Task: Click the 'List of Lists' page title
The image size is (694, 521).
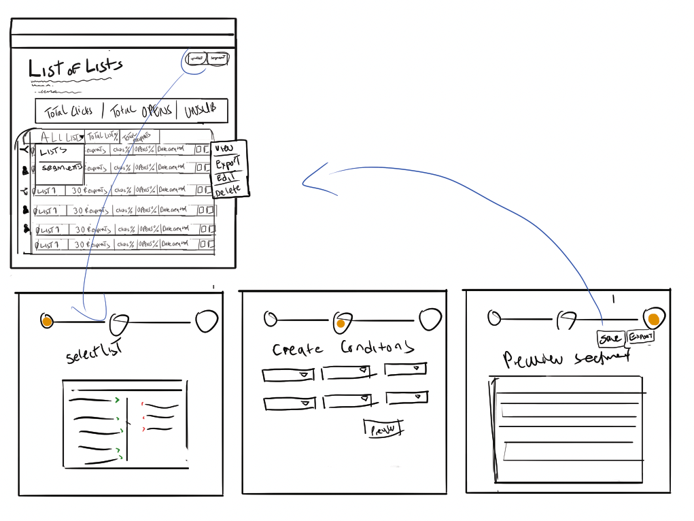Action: click(x=75, y=67)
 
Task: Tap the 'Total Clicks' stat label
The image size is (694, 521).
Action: click(x=68, y=111)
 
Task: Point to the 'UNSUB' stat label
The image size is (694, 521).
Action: click(x=201, y=111)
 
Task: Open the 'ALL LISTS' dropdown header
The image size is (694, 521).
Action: click(x=61, y=137)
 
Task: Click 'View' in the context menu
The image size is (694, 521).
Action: click(x=224, y=148)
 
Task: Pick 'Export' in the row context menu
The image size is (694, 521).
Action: click(x=227, y=164)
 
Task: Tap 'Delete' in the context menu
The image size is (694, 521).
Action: click(x=228, y=191)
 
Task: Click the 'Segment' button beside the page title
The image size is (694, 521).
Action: click(x=218, y=58)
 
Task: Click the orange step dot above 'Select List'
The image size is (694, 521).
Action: click(x=47, y=321)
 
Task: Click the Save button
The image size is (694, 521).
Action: click(x=610, y=338)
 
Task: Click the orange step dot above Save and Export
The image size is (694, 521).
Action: click(x=654, y=319)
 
